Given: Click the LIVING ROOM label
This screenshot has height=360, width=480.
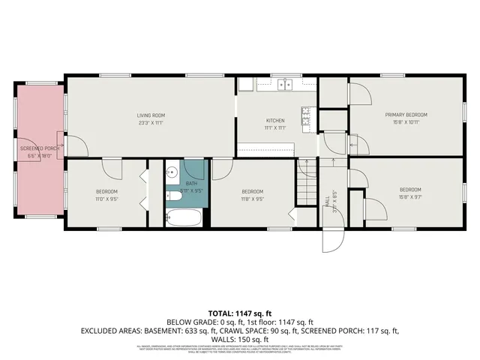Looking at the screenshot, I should [150, 115].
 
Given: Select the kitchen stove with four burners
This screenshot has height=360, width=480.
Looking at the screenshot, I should [307, 115].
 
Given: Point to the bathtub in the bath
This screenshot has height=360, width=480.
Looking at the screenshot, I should [183, 218].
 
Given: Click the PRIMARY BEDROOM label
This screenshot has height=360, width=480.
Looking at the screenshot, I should [406, 115].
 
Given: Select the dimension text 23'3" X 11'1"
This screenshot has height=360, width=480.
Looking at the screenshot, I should [150, 123].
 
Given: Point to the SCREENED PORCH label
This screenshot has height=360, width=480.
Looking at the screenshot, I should [40, 148].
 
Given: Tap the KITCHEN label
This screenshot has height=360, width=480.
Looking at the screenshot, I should [275, 121].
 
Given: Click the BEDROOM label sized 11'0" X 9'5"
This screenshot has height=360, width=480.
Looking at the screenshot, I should [106, 191].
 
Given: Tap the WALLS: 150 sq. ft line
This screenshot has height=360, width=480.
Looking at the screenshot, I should [240, 338].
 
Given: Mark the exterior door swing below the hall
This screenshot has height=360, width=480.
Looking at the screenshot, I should [331, 240].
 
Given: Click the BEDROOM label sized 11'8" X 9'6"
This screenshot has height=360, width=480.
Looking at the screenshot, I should [251, 191].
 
